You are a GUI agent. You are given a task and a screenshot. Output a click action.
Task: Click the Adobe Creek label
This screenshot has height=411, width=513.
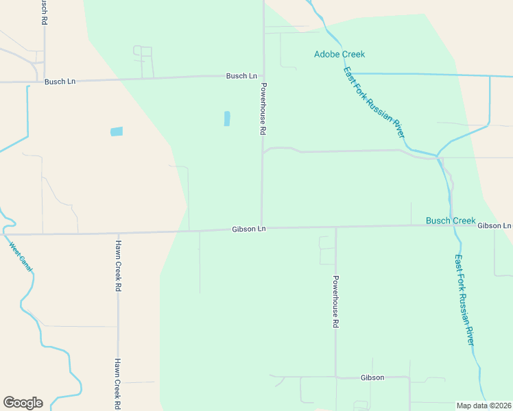coord(339,54)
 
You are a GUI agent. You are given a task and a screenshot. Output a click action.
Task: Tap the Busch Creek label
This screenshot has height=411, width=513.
coord(451,221)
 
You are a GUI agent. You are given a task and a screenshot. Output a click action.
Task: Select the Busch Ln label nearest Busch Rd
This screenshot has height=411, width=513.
coord(60,82)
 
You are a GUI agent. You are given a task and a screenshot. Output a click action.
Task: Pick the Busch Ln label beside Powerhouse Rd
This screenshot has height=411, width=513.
coord(241,76)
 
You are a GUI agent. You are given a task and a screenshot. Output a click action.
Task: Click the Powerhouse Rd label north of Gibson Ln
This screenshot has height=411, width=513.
coord(262,109)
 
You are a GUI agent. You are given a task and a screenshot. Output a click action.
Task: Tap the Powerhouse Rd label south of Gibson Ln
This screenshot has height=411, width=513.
coord(335,301)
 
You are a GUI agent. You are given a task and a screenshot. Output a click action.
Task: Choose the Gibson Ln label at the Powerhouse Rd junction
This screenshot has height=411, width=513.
coord(248,229)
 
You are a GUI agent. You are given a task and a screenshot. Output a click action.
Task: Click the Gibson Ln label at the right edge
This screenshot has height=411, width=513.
coord(494,225)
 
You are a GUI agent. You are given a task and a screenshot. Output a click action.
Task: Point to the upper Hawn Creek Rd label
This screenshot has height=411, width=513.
coord(118,266)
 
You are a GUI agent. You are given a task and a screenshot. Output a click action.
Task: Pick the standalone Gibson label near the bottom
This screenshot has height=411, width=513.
coord(372,377)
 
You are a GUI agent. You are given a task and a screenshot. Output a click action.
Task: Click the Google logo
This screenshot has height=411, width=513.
coord(23,403)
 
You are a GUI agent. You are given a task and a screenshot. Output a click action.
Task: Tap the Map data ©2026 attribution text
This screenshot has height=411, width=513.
coord(484,406)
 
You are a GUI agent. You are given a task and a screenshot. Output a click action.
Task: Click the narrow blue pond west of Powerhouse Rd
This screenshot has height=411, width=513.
coord(227,119)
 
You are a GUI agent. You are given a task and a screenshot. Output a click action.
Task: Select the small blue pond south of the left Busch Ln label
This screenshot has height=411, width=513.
coord(117,132)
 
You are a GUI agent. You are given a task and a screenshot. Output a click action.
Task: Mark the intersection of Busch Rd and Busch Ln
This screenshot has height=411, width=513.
coord(44,80)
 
